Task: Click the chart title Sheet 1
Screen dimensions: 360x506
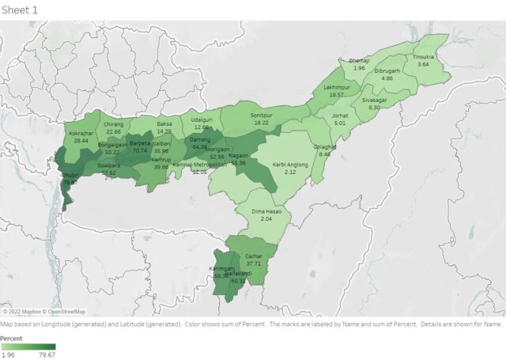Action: point(20,9)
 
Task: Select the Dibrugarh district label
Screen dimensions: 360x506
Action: point(387,71)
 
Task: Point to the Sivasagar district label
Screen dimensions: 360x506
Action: point(374,100)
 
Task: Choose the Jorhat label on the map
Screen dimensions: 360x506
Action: point(340,116)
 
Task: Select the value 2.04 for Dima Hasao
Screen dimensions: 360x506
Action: point(266,218)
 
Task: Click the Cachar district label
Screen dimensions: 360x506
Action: point(254,257)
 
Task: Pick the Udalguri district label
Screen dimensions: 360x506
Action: point(201,119)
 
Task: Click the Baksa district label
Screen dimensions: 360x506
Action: point(164,123)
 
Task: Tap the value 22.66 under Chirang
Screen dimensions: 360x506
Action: point(113,131)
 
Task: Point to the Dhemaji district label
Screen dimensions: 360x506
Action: point(359,60)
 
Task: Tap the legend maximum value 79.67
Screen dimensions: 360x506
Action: point(47,355)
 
